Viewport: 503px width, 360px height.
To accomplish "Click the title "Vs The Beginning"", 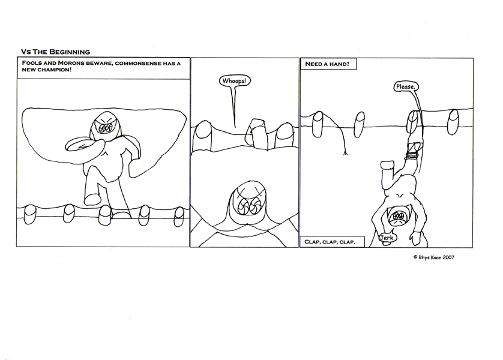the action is [x=55, y=52].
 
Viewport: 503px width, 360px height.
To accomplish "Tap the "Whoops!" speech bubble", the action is [x=235, y=81].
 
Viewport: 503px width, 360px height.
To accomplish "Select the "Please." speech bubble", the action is [x=406, y=86].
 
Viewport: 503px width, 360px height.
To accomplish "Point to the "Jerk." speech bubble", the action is [x=387, y=238].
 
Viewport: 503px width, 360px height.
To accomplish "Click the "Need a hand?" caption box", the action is [x=328, y=64].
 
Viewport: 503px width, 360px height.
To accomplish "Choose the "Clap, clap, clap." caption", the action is [x=332, y=242].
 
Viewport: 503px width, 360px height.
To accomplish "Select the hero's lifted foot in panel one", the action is [x=92, y=199].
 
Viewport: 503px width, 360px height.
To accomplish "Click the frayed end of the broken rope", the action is [x=346, y=154].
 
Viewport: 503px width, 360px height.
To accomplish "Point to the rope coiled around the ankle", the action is [x=412, y=156].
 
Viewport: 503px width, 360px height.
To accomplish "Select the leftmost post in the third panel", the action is [x=318, y=124].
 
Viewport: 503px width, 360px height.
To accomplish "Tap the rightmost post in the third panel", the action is [x=453, y=122].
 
